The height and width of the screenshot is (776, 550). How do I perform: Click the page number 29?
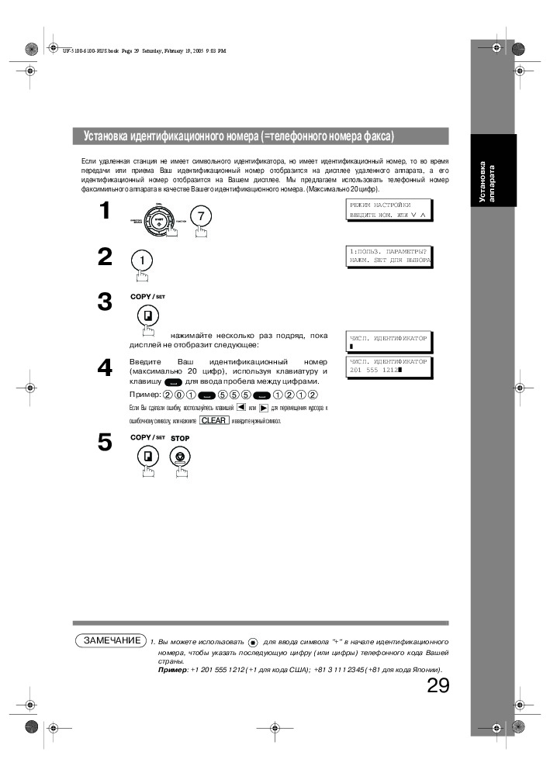click(438, 686)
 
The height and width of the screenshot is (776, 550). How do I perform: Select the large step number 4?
click(104, 369)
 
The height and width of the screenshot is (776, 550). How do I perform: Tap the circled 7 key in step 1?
click(200, 217)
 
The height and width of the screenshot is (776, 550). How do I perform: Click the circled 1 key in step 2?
click(141, 260)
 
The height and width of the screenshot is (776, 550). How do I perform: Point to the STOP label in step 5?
click(179, 438)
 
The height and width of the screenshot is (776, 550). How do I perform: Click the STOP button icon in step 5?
click(179, 457)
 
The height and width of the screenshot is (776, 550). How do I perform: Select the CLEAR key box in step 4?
click(213, 420)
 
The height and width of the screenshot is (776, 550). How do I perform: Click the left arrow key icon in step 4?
click(241, 407)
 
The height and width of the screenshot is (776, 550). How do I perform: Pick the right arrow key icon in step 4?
click(264, 407)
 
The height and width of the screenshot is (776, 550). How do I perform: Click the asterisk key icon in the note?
click(252, 643)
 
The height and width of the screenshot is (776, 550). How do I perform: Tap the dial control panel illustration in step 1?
click(158, 219)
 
